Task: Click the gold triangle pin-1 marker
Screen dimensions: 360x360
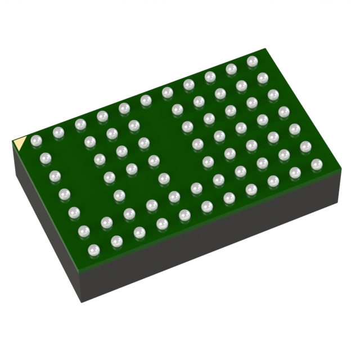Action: tap(19, 143)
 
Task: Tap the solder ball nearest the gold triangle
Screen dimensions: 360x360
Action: tap(37, 140)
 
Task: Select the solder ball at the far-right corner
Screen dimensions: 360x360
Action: tap(317, 164)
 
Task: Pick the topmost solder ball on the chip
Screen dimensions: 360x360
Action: tap(252, 61)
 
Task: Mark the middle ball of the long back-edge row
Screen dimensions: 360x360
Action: tap(146, 100)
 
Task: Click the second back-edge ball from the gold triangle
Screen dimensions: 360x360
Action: tap(58, 132)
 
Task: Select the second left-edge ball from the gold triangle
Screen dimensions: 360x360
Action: tap(46, 158)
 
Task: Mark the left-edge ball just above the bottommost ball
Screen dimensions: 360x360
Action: tap(84, 231)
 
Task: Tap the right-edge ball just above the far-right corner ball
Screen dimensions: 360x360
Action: tap(305, 147)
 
